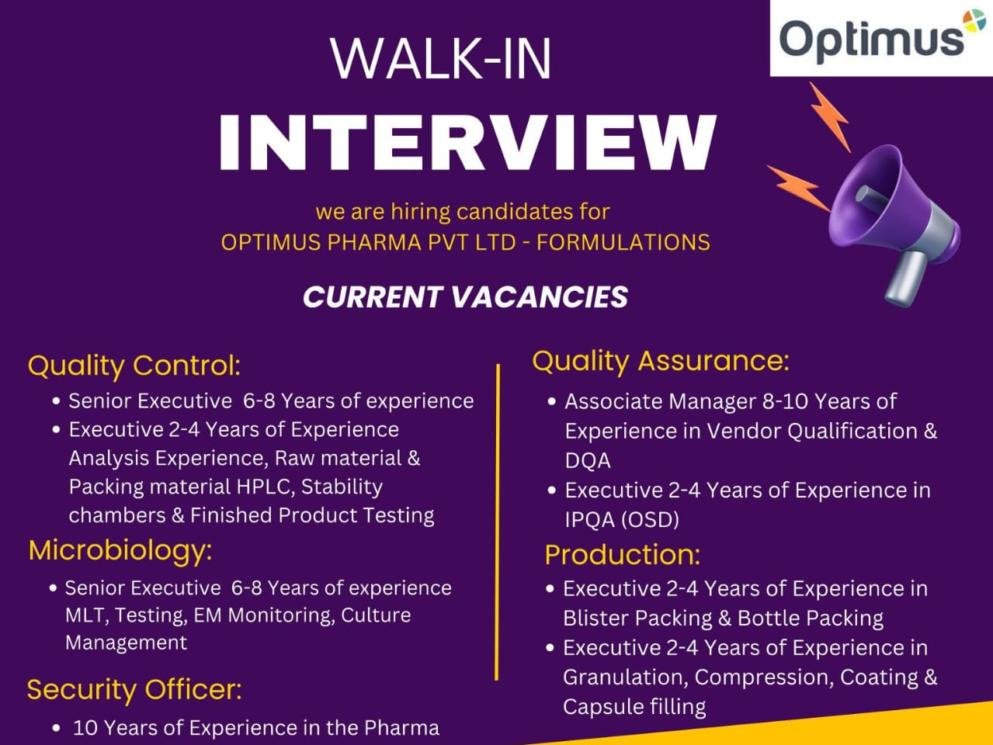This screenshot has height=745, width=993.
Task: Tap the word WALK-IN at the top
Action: click(x=441, y=58)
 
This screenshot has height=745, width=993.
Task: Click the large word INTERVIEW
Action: click(x=467, y=143)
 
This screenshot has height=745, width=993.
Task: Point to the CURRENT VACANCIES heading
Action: click(x=465, y=297)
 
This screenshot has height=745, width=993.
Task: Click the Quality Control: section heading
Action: click(x=134, y=365)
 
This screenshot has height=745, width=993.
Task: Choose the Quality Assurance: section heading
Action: click(x=660, y=361)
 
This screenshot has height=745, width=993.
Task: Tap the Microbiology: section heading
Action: click(x=120, y=550)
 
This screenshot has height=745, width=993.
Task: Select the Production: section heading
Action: click(x=622, y=554)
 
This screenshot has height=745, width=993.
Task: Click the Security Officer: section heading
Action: click(x=134, y=689)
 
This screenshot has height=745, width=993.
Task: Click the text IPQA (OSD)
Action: click(x=622, y=519)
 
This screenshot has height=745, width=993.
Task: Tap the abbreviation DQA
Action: click(x=588, y=460)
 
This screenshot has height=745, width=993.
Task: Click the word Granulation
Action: click(x=624, y=677)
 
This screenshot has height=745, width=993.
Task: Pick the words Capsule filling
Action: click(x=634, y=706)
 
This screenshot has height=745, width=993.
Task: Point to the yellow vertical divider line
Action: click(x=497, y=520)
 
